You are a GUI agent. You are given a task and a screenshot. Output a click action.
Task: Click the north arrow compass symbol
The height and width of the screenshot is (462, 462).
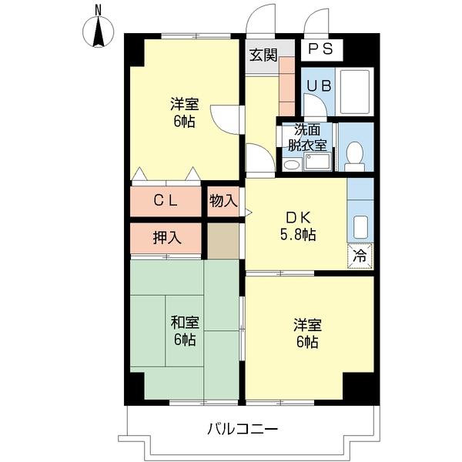click(99, 29)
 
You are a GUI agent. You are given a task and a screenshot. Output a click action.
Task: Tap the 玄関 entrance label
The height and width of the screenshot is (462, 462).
click(263, 55)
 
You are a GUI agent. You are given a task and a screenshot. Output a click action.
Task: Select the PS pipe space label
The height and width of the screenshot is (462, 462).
click(322, 50)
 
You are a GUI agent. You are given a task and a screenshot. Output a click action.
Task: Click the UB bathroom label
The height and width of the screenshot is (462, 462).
click(316, 85)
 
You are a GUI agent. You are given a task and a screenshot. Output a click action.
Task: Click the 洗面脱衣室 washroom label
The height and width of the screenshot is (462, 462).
click(306, 137)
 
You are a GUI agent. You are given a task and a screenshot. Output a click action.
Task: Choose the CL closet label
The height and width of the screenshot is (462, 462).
click(165, 201)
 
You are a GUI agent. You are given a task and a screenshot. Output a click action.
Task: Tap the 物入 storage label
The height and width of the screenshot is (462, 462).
click(223, 201)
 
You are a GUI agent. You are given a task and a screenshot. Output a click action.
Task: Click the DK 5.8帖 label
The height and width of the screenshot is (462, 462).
click(296, 224)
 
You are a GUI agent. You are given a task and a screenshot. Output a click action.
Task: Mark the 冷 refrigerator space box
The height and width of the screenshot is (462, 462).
click(360, 253)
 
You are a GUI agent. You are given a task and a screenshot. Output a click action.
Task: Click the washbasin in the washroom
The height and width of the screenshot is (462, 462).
click(292, 164)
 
